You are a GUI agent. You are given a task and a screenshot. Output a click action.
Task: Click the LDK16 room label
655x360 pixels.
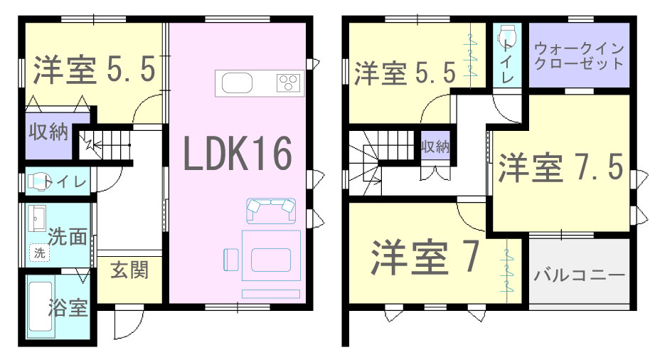pos(238,154)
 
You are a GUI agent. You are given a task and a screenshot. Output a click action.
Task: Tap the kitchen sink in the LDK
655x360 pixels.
pos(237,83)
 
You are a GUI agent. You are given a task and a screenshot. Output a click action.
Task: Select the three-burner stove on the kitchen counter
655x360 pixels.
pos(288,83)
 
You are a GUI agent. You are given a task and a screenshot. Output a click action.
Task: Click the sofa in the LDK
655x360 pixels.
pos(271,211)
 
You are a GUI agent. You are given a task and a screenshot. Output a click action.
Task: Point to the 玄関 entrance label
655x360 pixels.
pos(129,270)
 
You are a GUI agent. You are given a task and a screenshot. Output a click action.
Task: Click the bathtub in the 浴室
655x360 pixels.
pos(41,309)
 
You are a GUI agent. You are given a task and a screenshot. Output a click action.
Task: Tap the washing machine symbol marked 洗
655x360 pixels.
pos(39,253)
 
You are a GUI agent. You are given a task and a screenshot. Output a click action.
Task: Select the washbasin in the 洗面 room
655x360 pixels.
pos(37,218)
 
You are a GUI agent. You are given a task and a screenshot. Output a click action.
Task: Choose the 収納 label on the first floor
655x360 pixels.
pos(48,132)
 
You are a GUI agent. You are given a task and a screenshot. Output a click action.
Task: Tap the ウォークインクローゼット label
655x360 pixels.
pos(579,55)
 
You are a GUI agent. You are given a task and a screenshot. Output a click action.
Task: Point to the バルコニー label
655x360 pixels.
pos(580,275)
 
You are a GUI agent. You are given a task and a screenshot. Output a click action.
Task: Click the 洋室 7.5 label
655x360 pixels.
pos(560,166)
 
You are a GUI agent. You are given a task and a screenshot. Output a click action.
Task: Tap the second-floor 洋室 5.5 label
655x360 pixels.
pos(405,73)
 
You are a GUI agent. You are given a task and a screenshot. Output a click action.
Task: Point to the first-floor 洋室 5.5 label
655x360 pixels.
pos(95,69)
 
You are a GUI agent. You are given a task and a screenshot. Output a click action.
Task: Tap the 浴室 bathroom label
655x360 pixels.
pos(68,308)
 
